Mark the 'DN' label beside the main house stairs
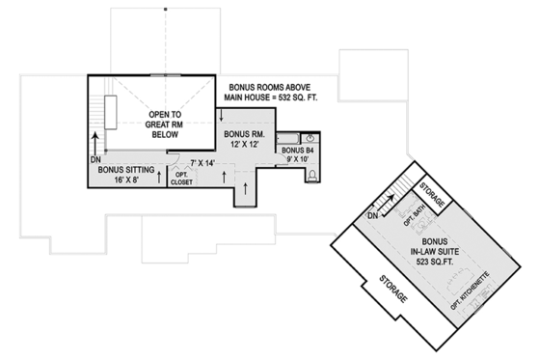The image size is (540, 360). (x=94, y=159)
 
